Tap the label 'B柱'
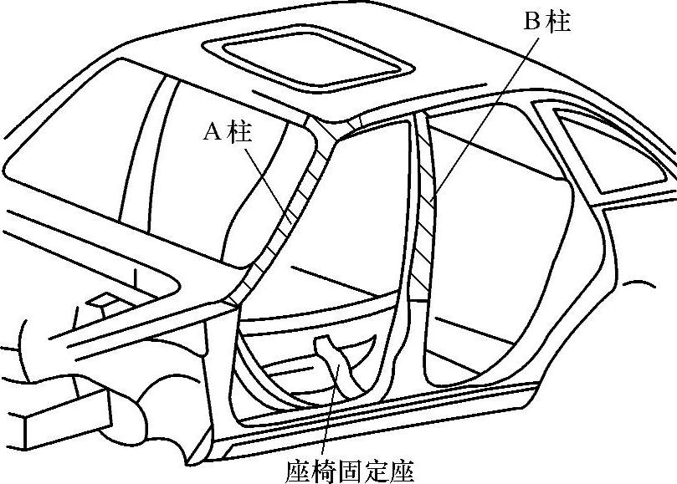click(547, 21)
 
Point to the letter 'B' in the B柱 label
click(532, 21)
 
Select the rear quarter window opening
click(611, 155)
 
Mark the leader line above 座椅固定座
click(329, 418)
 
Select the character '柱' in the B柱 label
click(558, 21)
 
